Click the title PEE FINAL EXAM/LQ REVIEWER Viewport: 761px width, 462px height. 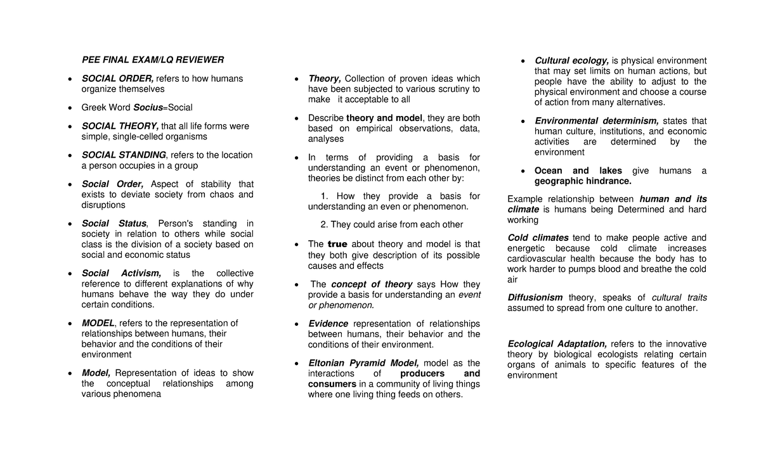153,60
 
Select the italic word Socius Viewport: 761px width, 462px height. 147,108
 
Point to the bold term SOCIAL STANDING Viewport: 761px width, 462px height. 124,155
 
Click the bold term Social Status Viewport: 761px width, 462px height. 114,224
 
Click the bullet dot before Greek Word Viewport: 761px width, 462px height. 69,108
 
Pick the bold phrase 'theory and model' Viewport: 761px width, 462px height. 384,118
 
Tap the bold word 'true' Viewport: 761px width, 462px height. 338,245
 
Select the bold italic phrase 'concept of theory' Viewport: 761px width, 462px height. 372,285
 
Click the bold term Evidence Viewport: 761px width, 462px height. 328,324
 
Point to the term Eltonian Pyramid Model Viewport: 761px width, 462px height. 363,363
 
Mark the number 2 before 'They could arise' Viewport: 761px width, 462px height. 324,224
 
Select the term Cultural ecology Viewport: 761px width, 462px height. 571,61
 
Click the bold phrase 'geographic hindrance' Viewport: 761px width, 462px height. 583,181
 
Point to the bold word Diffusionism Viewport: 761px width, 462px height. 535,298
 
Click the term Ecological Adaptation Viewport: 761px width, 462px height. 557,344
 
